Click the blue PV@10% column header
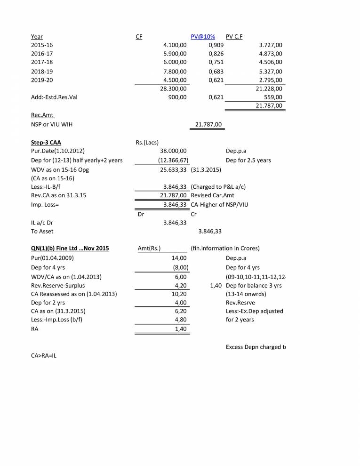(202, 36)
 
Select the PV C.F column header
(234, 36)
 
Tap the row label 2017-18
(42, 62)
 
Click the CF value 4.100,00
(175, 45)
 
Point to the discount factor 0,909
(216, 45)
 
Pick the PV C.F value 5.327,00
(271, 72)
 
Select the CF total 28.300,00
(173, 88)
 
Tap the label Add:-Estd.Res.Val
(52, 97)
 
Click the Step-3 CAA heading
(46, 142)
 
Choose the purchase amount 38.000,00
(173, 151)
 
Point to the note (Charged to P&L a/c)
(218, 186)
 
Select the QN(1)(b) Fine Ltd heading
(70, 249)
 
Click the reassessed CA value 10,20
(181, 294)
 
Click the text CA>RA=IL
(45, 356)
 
